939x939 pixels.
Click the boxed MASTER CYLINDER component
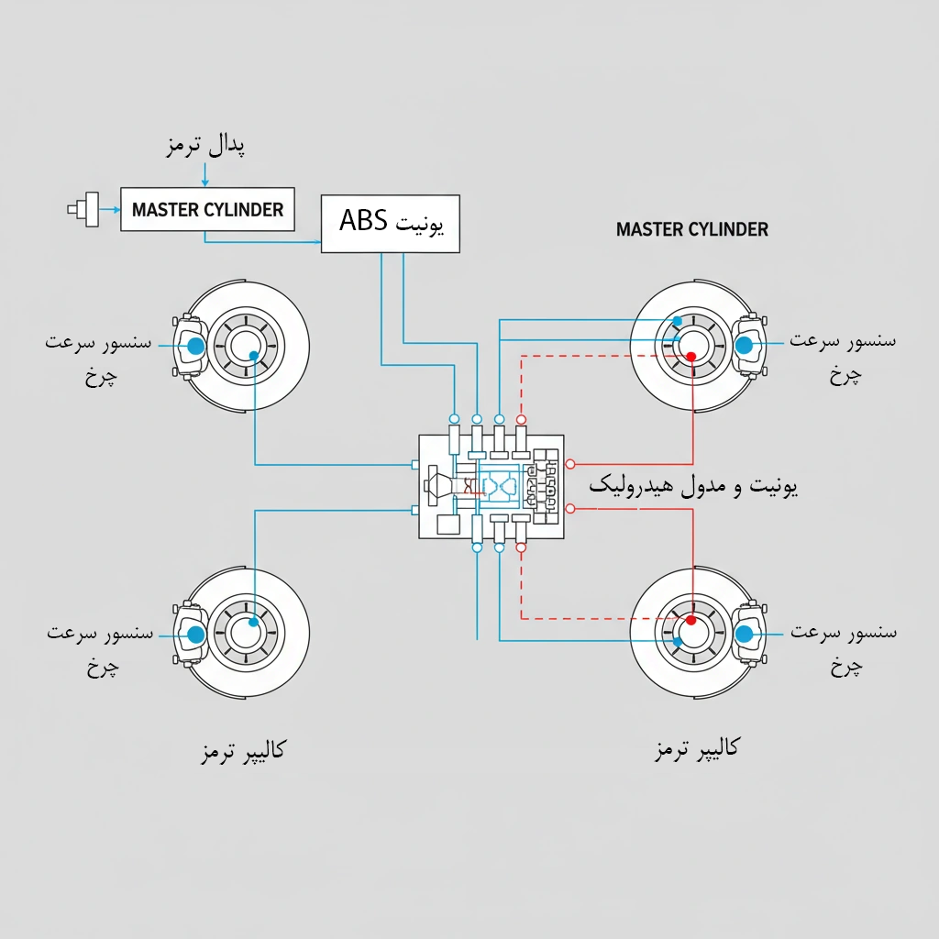coord(208,210)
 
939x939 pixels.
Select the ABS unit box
coord(391,223)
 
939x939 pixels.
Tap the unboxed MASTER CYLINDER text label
coord(692,229)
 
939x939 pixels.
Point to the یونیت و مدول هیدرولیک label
coord(693,486)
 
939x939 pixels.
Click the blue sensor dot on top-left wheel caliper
coord(194,347)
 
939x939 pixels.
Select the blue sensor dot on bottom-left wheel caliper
coord(194,634)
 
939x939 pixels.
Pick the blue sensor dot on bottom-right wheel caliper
coord(745,634)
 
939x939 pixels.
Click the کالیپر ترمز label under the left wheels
coord(242,750)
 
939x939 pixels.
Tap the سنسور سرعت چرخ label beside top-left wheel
coord(99,358)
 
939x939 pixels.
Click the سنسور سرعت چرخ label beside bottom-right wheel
coord(844,646)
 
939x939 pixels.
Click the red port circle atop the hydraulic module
coord(521,420)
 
